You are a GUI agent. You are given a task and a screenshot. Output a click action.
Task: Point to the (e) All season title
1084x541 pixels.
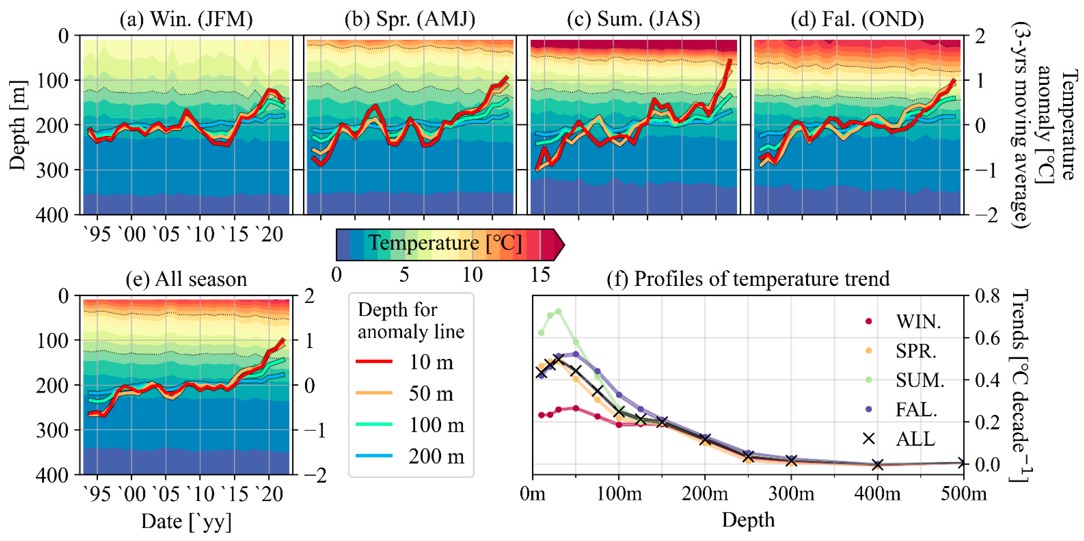click(186, 279)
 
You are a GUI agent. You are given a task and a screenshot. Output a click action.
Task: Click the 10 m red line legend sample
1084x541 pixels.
click(374, 361)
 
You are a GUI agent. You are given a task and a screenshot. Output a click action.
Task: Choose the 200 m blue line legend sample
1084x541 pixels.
click(374, 456)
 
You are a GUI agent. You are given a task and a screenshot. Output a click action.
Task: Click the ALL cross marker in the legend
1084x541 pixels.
click(869, 438)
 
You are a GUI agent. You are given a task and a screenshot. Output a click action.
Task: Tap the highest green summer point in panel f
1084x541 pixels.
click(558, 311)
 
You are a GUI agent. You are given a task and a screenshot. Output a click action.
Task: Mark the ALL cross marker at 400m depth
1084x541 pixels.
click(877, 464)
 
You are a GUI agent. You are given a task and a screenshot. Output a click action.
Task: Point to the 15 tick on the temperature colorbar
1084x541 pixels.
click(540, 275)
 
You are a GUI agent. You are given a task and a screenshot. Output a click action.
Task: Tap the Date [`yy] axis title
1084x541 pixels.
click(186, 521)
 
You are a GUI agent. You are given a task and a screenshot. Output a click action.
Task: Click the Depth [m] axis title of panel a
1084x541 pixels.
click(18, 125)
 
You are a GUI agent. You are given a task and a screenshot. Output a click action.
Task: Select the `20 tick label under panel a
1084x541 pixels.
click(269, 234)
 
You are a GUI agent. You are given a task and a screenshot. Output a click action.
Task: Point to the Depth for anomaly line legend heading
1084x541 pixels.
click(411, 321)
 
